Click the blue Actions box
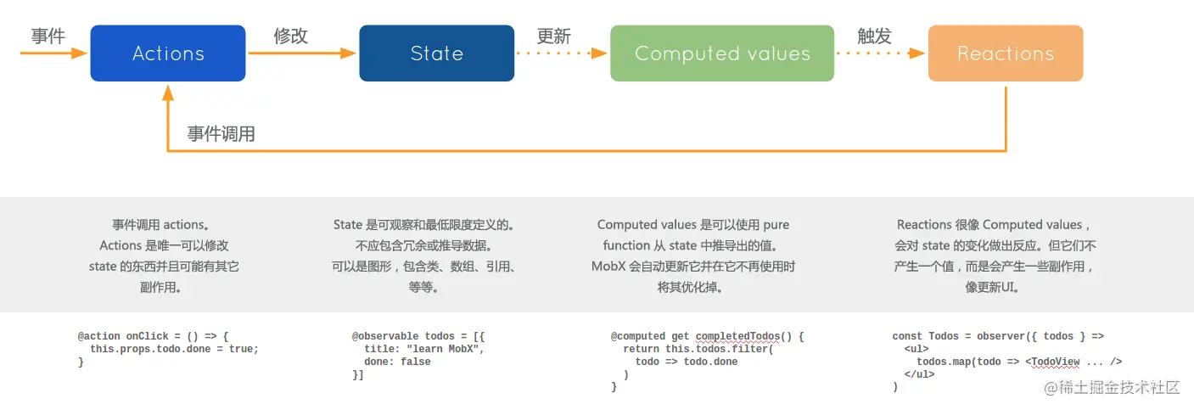coord(168,53)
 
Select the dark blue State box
coord(436,53)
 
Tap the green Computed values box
coord(722,53)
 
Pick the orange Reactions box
coord(1006,53)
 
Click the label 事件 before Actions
coord(48,36)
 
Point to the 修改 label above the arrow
coord(290,36)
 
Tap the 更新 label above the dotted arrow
coord(553,37)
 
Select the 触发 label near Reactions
coord(874,36)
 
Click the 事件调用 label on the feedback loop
coord(221,134)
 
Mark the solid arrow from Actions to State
coord(301,53)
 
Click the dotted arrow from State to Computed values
coord(562,53)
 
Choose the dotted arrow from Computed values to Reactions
coord(880,53)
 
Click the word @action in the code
coord(98,336)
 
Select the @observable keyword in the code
coord(384,336)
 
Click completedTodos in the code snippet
coord(740,336)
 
